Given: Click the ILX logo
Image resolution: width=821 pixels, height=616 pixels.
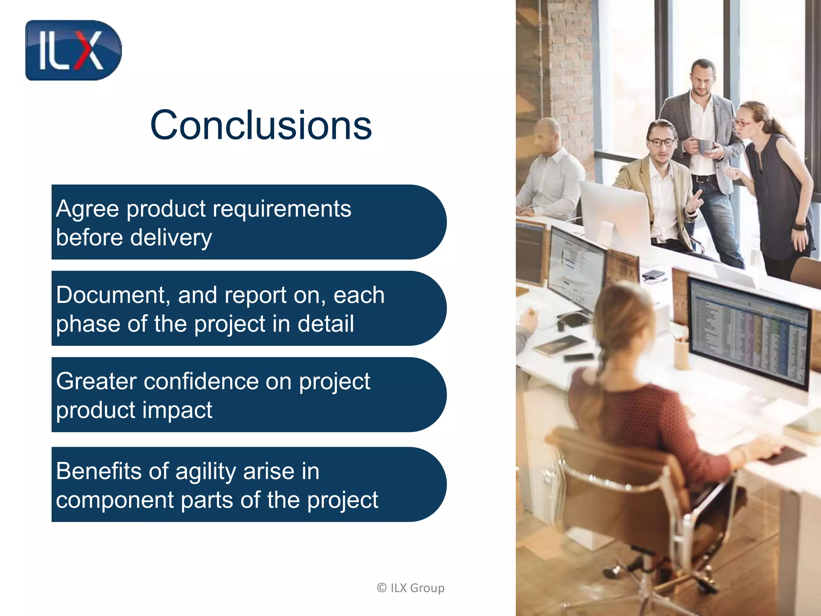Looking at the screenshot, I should (x=73, y=51).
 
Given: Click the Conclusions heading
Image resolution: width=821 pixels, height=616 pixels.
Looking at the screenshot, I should (x=261, y=125).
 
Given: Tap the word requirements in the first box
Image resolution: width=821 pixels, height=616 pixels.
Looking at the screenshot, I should (x=282, y=209).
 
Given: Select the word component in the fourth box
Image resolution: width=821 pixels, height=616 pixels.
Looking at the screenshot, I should (x=114, y=500).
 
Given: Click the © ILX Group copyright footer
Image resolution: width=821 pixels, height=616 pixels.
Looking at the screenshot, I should (x=410, y=588).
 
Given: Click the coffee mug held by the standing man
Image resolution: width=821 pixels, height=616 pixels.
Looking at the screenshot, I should (x=704, y=146).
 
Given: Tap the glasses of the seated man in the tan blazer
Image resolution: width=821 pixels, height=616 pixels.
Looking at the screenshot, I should (x=661, y=142).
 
